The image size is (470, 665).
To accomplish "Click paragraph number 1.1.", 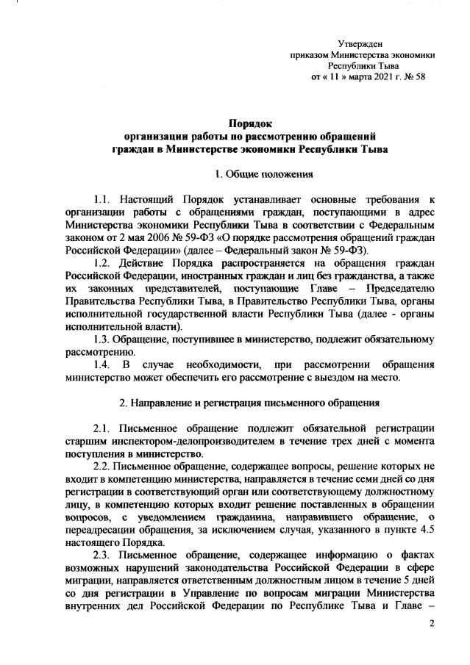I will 102,200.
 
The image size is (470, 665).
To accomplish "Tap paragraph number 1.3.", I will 102,340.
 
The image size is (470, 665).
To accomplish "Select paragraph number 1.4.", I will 102,365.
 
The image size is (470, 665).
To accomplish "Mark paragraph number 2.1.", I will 102,428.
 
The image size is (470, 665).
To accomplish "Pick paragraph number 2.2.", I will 102,467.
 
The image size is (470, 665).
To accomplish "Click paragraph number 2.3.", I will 102,568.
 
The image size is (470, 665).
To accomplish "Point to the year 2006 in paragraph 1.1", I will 160,238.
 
